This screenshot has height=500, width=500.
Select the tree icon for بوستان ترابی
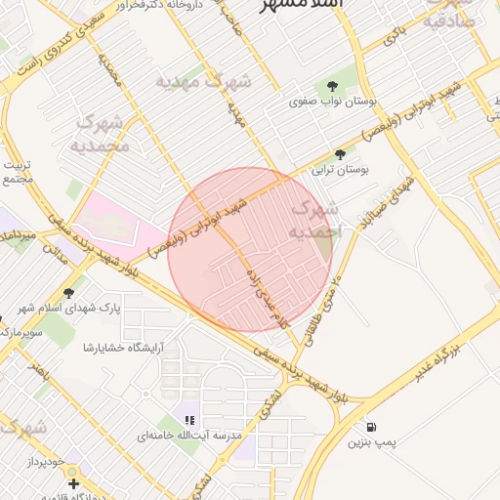pyautogui.click(x=340, y=154)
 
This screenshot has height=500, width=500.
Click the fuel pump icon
pyautogui.click(x=372, y=428)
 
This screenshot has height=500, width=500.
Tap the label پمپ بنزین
pyautogui.click(x=372, y=443)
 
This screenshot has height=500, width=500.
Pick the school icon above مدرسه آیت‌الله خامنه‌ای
pyautogui.click(x=189, y=420)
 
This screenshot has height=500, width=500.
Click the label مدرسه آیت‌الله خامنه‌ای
pyautogui.click(x=189, y=436)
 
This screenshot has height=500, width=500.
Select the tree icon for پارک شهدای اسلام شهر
pyautogui.click(x=68, y=292)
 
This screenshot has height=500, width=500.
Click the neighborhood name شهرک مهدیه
pyautogui.click(x=203, y=81)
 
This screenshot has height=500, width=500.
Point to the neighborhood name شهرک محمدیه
pyautogui.click(x=100, y=134)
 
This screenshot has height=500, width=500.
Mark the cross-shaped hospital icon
pyautogui.click(x=72, y=482)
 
